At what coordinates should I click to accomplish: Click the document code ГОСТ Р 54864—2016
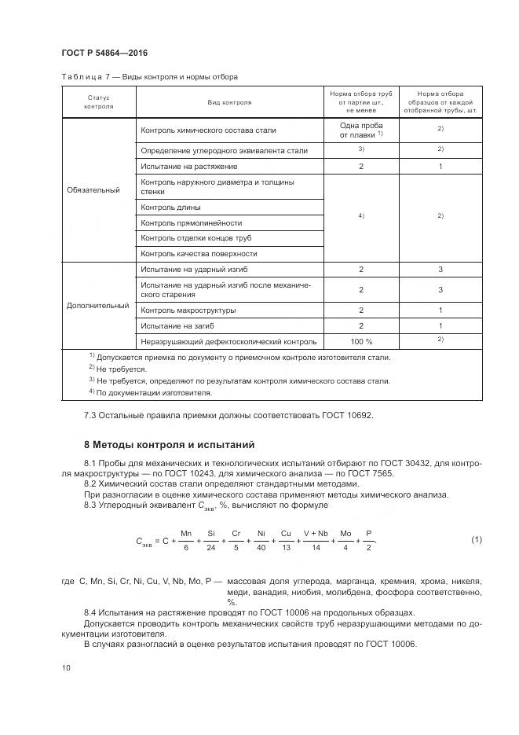[104, 53]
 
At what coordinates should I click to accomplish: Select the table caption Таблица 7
[82, 77]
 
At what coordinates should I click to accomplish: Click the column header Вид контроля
[229, 102]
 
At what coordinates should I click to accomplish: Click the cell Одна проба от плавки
[360, 130]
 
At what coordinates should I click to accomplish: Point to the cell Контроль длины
[170, 208]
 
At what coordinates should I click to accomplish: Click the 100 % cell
[360, 341]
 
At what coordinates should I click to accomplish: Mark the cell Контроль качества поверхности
[199, 254]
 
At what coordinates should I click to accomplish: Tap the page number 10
[66, 667]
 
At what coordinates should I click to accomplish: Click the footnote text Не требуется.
[122, 367]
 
